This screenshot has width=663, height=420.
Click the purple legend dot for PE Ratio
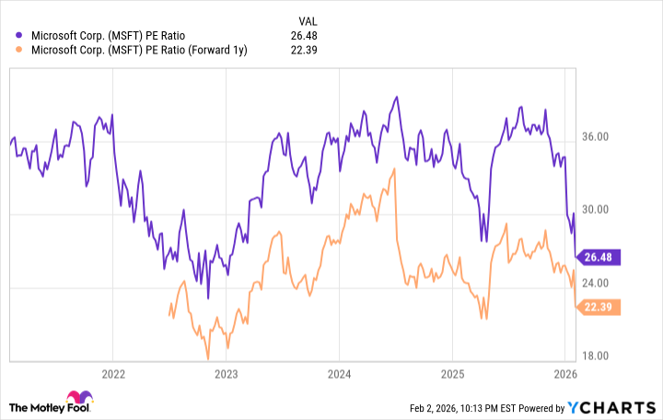click(20, 35)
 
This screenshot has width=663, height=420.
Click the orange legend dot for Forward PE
click(20, 50)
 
